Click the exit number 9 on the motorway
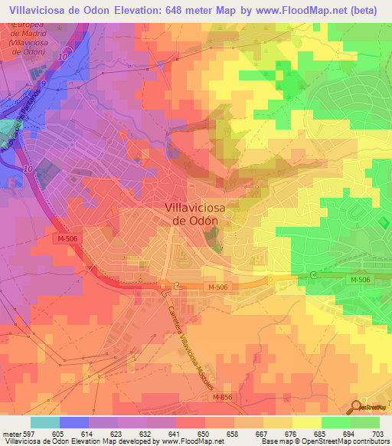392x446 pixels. [x=43, y=83]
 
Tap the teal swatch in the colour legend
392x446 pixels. [x=45, y=423]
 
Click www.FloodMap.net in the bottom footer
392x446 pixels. [x=189, y=441]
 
